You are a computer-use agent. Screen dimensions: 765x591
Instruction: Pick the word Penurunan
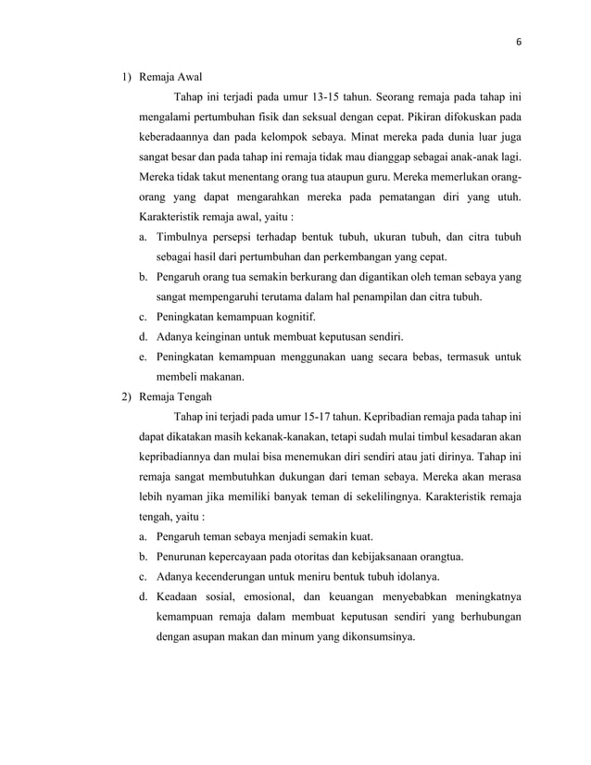click(x=188, y=558)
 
